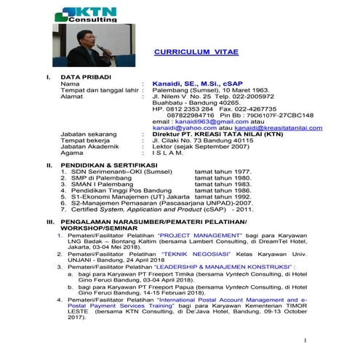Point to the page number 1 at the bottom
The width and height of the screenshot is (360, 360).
coord(306,340)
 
